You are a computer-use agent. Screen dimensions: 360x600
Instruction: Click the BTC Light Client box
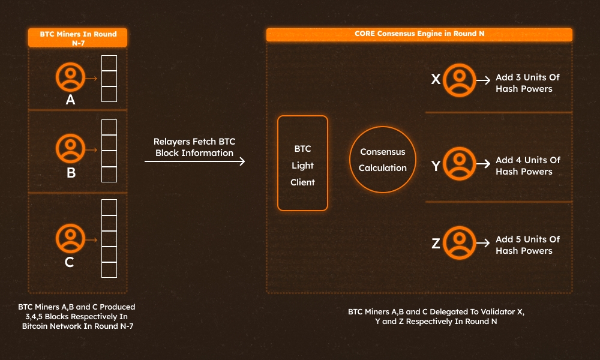pyautogui.click(x=302, y=163)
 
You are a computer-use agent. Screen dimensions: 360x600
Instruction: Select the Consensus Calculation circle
pyautogui.click(x=382, y=160)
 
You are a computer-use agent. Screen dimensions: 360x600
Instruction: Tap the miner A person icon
pyautogui.click(x=70, y=78)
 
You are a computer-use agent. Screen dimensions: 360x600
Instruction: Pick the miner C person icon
pyautogui.click(x=70, y=238)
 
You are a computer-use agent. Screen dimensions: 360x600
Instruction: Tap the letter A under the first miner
pyautogui.click(x=70, y=100)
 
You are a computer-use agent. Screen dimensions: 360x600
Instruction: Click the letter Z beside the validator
pyautogui.click(x=436, y=244)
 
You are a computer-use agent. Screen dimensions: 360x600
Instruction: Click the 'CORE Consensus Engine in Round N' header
pyautogui.click(x=419, y=34)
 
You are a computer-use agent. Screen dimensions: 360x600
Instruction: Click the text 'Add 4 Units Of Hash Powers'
pyautogui.click(x=527, y=166)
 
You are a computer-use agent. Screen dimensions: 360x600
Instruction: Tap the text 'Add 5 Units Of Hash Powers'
pyautogui.click(x=527, y=245)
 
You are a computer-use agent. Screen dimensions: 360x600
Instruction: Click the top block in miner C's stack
pyautogui.click(x=109, y=208)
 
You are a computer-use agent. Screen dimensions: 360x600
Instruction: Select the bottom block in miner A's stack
pyautogui.click(x=109, y=94)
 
